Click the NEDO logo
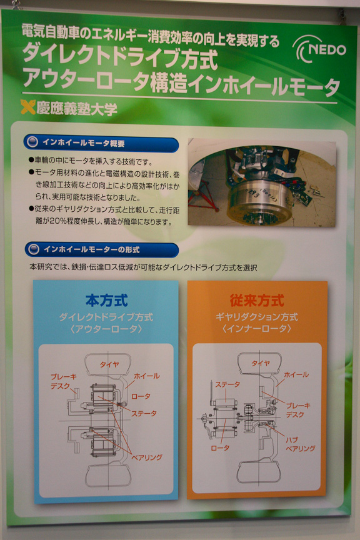click(x=319, y=49)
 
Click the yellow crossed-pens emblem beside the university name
click(x=27, y=108)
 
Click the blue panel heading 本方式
click(x=106, y=301)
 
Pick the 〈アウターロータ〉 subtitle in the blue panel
click(x=106, y=329)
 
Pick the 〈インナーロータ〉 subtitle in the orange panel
click(x=257, y=329)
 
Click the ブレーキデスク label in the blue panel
click(x=64, y=382)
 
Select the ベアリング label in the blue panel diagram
click(x=146, y=457)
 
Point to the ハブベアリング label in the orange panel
click(x=300, y=444)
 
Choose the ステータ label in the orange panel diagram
click(x=227, y=384)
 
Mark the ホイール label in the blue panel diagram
click(x=147, y=376)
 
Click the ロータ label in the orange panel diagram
click(x=219, y=448)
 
